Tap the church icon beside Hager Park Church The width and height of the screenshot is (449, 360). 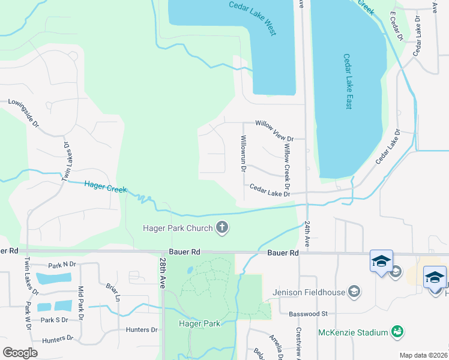point(222,227)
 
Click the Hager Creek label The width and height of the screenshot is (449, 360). point(105,187)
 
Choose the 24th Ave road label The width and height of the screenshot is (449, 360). point(307,234)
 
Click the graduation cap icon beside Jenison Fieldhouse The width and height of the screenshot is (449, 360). point(354,292)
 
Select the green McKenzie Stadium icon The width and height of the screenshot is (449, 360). point(396,331)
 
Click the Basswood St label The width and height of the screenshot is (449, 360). point(307,313)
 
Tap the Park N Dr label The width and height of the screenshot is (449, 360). point(62,265)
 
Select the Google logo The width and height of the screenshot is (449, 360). point(20,352)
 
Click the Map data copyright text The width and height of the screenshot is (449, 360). point(423,355)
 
